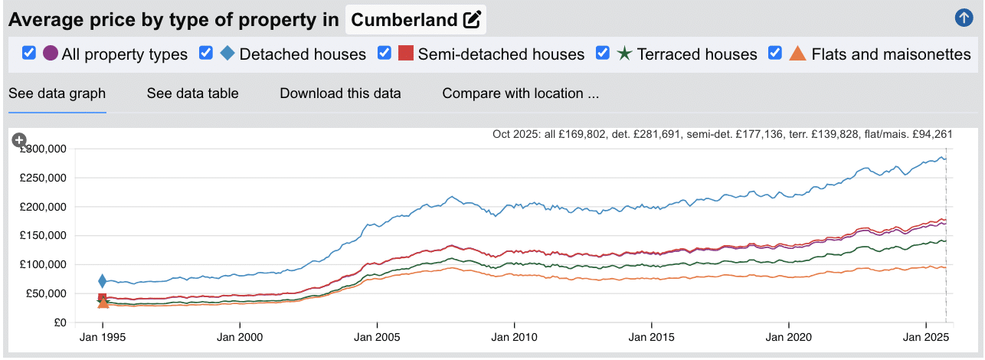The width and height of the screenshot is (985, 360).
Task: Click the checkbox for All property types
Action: (x=29, y=53)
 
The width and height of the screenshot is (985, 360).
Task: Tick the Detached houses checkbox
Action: (x=206, y=53)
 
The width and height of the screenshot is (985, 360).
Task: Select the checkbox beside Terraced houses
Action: (x=603, y=53)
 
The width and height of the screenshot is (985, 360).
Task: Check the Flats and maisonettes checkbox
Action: (x=775, y=53)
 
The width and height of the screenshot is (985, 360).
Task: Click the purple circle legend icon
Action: (x=51, y=53)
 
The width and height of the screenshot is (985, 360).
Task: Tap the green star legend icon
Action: (x=624, y=53)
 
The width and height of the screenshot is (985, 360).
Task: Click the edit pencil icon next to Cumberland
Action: (x=472, y=21)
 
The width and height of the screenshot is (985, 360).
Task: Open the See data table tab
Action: (x=192, y=93)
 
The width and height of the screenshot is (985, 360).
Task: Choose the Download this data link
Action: (x=340, y=93)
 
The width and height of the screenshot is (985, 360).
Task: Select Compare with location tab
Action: (x=520, y=93)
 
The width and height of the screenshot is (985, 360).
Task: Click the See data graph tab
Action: (x=57, y=93)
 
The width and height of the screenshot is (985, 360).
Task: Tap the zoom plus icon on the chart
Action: (x=19, y=140)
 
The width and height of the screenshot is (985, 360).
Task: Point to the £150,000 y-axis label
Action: (x=44, y=236)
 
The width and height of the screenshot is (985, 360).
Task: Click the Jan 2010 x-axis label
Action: (x=514, y=336)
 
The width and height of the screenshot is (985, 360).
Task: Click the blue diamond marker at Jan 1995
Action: (x=102, y=281)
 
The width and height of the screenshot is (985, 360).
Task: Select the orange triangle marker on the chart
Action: (x=103, y=303)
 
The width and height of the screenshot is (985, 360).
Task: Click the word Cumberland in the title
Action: (x=404, y=21)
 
